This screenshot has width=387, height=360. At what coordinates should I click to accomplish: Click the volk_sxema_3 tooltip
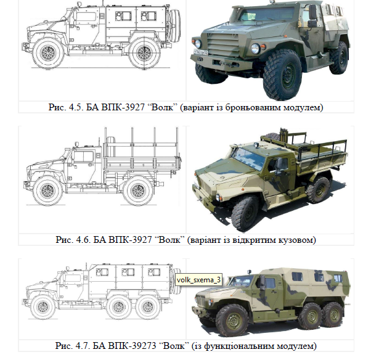(x=198, y=280)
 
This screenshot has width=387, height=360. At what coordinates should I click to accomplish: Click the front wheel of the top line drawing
(x=48, y=53)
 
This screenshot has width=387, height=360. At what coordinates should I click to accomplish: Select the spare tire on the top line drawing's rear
(x=175, y=26)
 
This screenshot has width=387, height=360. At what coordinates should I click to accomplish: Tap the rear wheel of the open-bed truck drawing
(x=138, y=190)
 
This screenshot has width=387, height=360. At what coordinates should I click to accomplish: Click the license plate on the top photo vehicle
(x=201, y=52)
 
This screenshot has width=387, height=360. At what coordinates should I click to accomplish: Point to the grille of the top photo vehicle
(x=221, y=44)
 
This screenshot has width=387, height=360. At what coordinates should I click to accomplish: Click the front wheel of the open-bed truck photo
(x=244, y=213)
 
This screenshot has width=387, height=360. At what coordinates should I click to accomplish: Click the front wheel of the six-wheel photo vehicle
(x=233, y=321)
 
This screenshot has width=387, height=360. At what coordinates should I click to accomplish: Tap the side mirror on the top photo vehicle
(x=312, y=16)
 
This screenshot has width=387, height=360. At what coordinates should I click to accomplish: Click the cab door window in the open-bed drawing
(x=83, y=157)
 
